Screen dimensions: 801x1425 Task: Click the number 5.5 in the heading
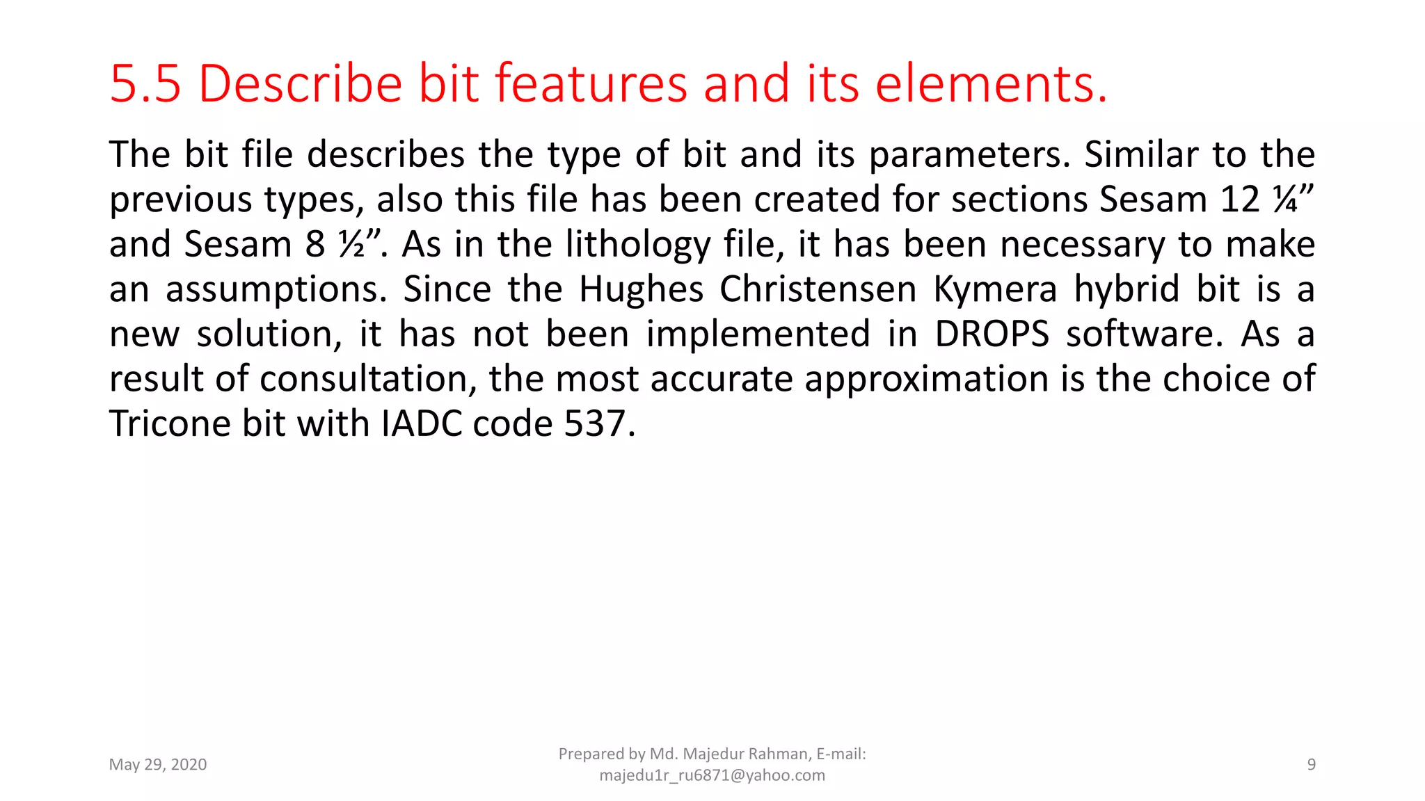pos(145,84)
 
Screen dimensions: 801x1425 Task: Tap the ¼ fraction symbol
pos(1284,200)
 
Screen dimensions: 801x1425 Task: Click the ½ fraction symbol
pos(352,245)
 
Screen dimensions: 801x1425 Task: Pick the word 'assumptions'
pos(276,290)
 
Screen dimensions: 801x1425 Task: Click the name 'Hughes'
pos(641,290)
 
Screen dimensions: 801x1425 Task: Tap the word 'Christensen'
pos(818,289)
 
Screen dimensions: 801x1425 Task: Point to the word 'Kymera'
pos(995,290)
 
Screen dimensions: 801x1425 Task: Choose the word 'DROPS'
pos(992,334)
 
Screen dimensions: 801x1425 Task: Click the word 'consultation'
pos(368,380)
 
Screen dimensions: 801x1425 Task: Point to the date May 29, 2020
pos(158,765)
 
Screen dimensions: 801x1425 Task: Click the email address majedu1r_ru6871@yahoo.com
pos(712,775)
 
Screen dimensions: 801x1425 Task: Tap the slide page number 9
pos(1311,765)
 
